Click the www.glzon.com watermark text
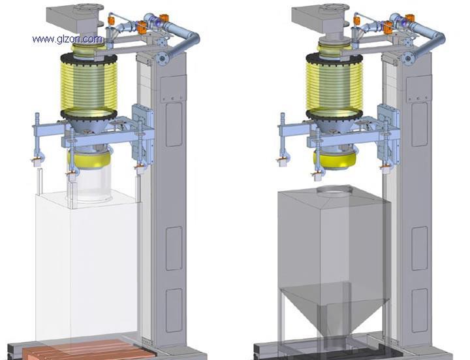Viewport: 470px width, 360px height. point(67,39)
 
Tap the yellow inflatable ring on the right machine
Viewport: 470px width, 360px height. point(335,159)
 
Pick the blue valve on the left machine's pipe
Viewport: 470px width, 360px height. point(157,22)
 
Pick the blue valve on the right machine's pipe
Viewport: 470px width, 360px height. point(403,22)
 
